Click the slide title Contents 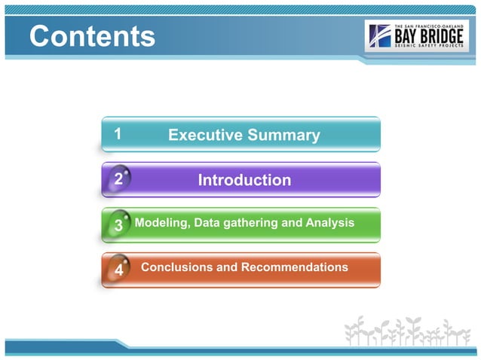tap(92, 35)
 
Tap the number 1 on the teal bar tap(118, 134)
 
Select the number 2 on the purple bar tap(118, 179)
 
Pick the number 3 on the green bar tap(118, 225)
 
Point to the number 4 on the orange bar tap(118, 270)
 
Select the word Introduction tap(244, 180)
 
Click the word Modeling tap(161, 223)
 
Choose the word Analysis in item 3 tap(329, 223)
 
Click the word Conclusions tap(178, 267)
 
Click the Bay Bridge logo tap(416, 35)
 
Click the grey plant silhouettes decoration tap(407, 331)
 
